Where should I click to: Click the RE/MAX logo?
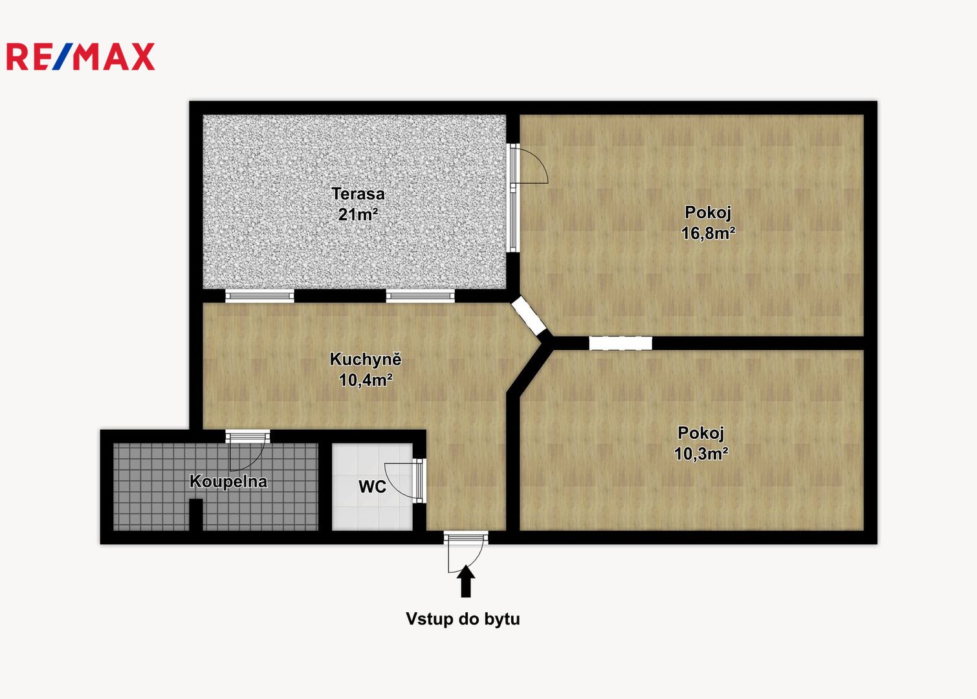pyautogui.click(x=81, y=56)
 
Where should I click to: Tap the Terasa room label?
pyautogui.click(x=358, y=194)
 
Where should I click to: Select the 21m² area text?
pyautogui.click(x=358, y=214)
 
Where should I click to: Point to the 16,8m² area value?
pyautogui.click(x=708, y=233)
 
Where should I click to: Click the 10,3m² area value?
pyautogui.click(x=701, y=454)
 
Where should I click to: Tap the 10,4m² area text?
pyautogui.click(x=366, y=380)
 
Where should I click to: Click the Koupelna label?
pyautogui.click(x=228, y=482)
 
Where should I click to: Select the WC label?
pyautogui.click(x=372, y=487)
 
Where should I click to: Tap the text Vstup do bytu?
pyautogui.click(x=463, y=619)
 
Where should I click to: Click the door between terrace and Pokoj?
pyautogui.click(x=529, y=166)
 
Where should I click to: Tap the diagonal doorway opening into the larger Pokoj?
pyautogui.click(x=529, y=315)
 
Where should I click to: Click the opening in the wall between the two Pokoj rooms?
pyautogui.click(x=620, y=343)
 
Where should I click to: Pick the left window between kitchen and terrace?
pyautogui.click(x=259, y=296)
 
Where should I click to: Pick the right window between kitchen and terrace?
pyautogui.click(x=420, y=296)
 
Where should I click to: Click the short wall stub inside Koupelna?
pyautogui.click(x=196, y=515)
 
